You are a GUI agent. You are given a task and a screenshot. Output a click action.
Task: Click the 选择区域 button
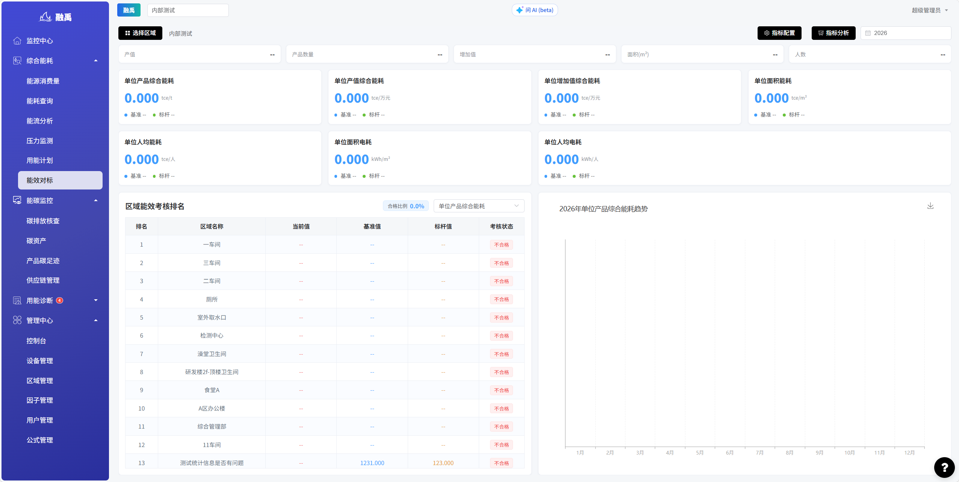click(x=140, y=33)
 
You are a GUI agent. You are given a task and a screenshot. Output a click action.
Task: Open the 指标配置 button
click(x=779, y=33)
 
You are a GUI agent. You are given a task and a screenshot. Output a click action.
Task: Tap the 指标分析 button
click(x=833, y=33)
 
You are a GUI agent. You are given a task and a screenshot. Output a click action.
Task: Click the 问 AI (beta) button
click(x=535, y=10)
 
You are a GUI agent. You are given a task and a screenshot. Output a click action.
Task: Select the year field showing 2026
click(x=906, y=33)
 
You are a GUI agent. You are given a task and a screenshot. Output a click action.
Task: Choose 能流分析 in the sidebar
click(x=39, y=121)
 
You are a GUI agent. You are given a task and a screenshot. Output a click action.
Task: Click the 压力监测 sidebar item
click(x=39, y=141)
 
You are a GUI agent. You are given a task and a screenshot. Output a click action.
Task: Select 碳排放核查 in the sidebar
click(x=43, y=221)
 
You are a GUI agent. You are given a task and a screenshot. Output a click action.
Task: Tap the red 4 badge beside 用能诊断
click(x=59, y=300)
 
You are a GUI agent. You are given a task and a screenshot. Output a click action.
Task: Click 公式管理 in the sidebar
click(x=39, y=440)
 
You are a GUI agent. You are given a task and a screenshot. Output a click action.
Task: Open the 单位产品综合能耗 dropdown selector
click(x=479, y=206)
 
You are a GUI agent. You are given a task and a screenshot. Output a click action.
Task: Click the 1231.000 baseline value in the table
click(x=372, y=463)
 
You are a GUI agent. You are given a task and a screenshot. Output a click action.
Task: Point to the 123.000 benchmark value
click(x=443, y=463)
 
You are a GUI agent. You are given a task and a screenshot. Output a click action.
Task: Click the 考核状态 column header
click(x=501, y=226)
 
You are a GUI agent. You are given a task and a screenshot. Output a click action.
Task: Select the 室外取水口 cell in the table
click(x=212, y=317)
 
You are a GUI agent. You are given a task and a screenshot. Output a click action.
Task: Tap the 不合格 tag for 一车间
click(x=501, y=245)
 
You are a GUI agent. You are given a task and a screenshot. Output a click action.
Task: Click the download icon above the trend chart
click(x=930, y=206)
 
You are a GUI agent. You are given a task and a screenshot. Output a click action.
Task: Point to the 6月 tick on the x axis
click(x=730, y=453)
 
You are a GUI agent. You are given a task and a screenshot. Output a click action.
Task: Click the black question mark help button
click(x=944, y=467)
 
